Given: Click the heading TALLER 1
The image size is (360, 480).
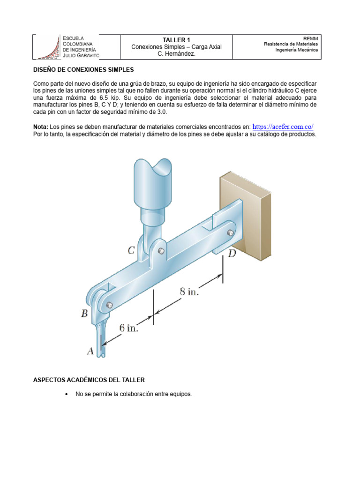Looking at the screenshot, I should tap(176, 40).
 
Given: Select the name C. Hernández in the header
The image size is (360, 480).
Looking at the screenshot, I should tap(176, 54).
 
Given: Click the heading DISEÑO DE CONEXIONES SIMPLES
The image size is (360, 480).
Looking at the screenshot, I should tap(83, 70).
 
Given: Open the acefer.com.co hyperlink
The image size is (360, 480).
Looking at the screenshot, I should tap(283, 127).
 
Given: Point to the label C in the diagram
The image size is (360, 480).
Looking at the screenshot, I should tap(132, 251).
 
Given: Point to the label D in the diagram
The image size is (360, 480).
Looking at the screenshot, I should tap(232, 254).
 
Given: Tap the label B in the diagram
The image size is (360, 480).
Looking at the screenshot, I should tap(84, 314).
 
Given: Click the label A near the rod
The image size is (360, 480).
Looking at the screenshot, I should tap(90, 350).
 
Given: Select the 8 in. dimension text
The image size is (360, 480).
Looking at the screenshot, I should tap(189, 292).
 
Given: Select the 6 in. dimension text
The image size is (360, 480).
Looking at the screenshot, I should tap(128, 328).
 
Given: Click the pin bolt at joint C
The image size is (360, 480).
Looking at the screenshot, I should tap(161, 251).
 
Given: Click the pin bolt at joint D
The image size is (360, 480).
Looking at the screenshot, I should tap(230, 233).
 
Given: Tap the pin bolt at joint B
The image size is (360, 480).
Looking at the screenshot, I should tap(109, 306).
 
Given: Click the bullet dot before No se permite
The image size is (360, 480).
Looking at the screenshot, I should tap(66, 395).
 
